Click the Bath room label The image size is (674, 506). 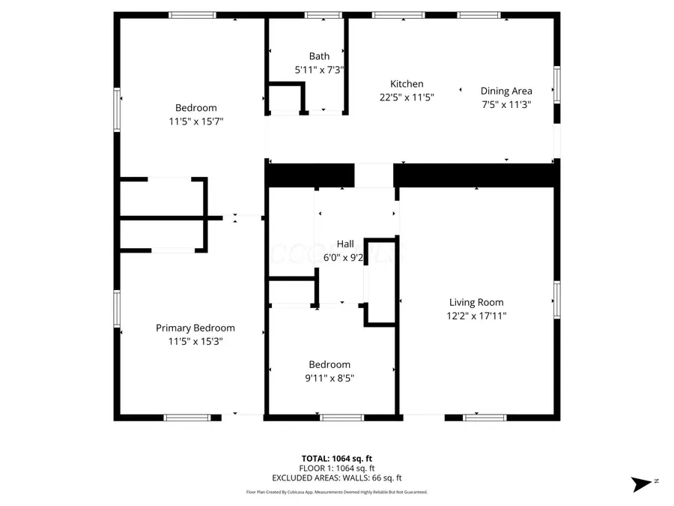[x=319, y=56]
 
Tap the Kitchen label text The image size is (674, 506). [x=407, y=84]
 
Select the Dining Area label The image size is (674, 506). [x=506, y=91]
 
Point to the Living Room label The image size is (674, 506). [x=476, y=303]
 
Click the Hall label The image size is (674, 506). [x=345, y=244]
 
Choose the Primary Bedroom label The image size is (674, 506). [x=195, y=328]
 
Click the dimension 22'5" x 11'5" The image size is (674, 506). [x=407, y=97]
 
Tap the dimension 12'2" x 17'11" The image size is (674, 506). [x=476, y=316]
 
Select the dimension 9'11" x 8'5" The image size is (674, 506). [x=329, y=379]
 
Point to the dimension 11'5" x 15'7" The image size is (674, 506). [x=196, y=121]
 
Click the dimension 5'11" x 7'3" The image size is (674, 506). [x=319, y=70]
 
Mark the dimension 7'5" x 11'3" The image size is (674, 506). [x=506, y=105]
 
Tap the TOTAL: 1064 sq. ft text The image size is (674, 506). [x=336, y=458]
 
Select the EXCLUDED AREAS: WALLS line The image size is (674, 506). [x=336, y=478]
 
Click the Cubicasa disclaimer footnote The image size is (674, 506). [x=336, y=493]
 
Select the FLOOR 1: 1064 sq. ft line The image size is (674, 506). [x=336, y=468]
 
